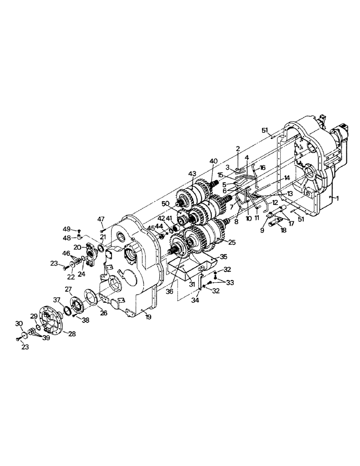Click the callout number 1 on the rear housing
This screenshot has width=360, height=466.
click(x=338, y=198)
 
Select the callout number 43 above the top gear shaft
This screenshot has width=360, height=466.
click(x=192, y=174)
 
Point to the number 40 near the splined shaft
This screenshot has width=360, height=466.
click(x=214, y=161)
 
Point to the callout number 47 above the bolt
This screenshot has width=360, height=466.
click(x=101, y=219)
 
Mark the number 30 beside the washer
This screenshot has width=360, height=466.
click(x=19, y=324)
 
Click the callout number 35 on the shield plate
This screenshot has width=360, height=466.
click(x=223, y=256)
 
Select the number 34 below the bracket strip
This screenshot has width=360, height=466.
click(x=194, y=302)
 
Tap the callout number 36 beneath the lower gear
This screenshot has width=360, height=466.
click(x=169, y=292)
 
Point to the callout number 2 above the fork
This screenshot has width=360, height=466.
click(x=237, y=149)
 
